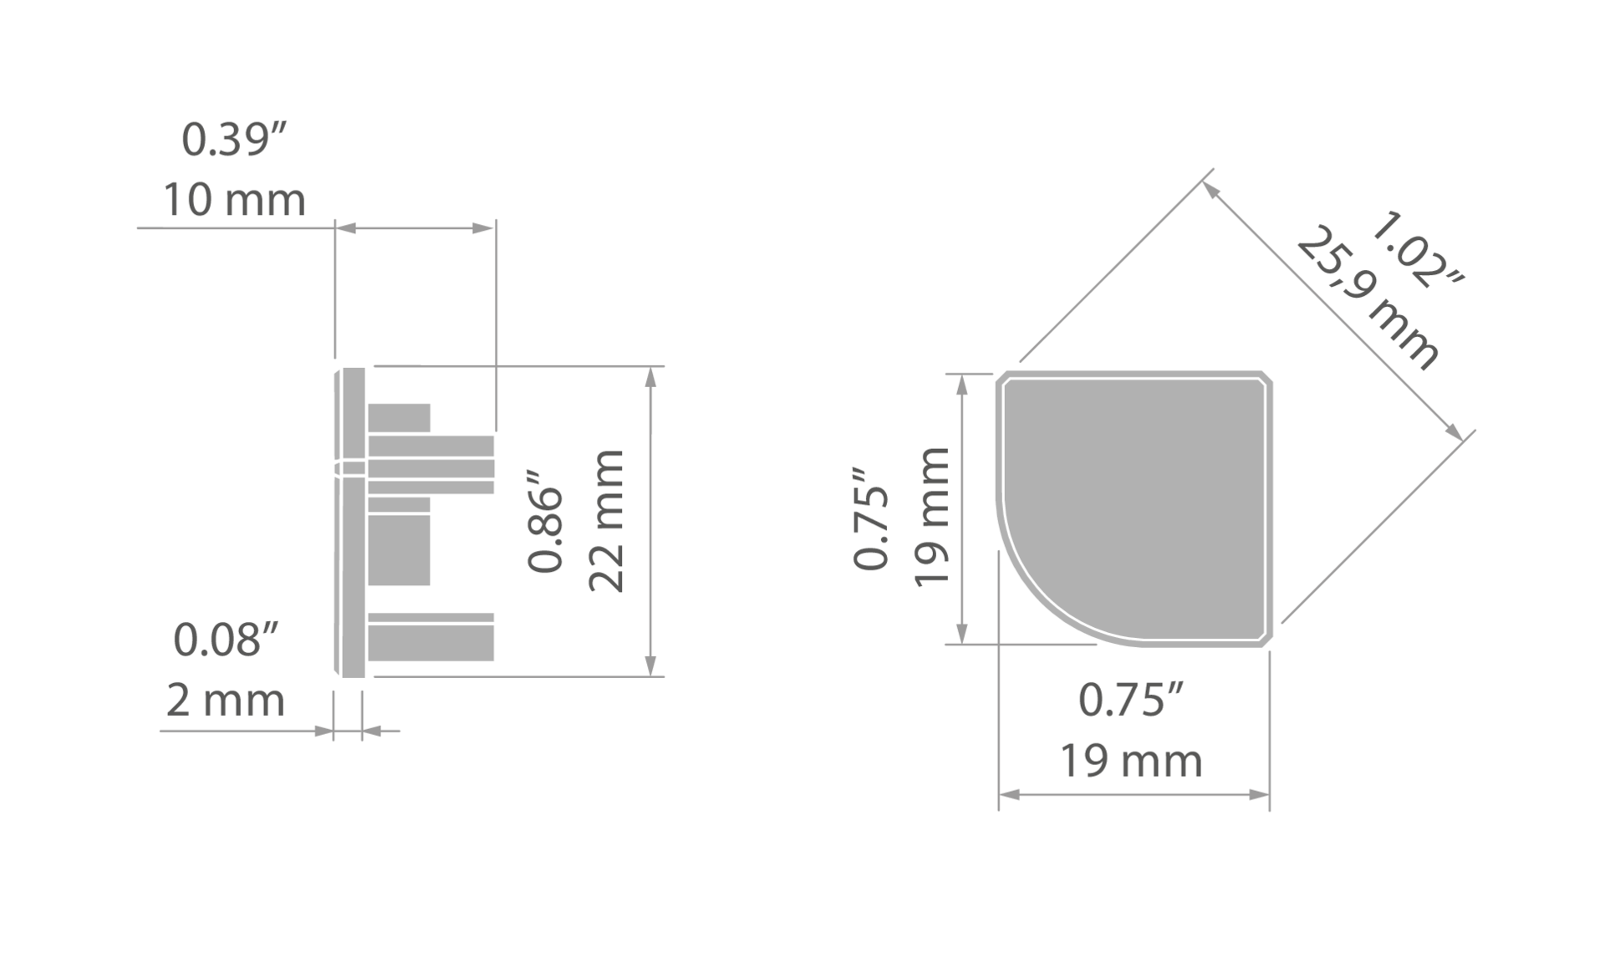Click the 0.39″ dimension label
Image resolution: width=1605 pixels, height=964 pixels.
coord(234,139)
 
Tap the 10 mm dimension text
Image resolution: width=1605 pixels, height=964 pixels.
coord(234,201)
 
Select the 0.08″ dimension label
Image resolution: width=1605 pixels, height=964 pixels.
coord(226,640)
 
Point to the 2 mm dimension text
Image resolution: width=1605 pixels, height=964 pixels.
coord(226,700)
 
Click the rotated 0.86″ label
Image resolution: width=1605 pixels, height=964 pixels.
coord(546,521)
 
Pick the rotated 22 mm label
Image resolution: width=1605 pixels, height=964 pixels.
coord(607,521)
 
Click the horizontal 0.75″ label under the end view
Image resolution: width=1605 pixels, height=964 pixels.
coord(1131,700)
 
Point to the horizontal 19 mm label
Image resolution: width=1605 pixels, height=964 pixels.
coord(1131,761)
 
